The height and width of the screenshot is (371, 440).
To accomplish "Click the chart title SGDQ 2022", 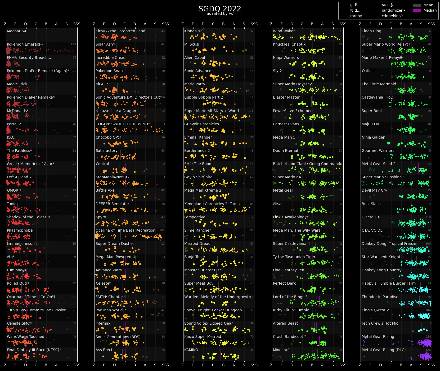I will [x=220, y=9].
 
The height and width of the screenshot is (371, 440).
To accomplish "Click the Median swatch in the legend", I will [x=417, y=11].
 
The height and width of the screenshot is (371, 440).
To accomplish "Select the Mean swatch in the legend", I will [x=417, y=5].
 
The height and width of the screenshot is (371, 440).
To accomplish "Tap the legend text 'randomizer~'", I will [x=393, y=11].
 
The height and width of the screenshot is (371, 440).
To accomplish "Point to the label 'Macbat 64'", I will [x=16, y=31].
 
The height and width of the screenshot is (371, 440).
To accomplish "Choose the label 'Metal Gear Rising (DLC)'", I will [x=383, y=350].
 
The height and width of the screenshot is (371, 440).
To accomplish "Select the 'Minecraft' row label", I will [x=281, y=350].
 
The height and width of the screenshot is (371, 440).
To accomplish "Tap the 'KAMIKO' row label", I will [x=191, y=350].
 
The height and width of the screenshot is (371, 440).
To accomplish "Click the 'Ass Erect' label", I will [x=104, y=350].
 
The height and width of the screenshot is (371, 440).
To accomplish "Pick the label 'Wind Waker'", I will [x=284, y=31].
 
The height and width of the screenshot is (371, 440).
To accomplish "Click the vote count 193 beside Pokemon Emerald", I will [x=73, y=45].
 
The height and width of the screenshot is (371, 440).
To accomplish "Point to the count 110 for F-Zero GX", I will [x=428, y=217].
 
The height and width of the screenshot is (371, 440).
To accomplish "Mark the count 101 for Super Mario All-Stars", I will [x=251, y=111].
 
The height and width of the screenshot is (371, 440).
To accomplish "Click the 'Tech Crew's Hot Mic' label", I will [x=380, y=324].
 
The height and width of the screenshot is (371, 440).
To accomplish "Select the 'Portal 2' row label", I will [x=14, y=124].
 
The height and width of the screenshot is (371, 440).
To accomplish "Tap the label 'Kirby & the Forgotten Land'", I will [x=120, y=31].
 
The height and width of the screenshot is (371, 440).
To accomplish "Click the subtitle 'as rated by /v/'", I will [x=220, y=14].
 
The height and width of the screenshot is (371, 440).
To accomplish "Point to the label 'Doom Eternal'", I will [x=285, y=151].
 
